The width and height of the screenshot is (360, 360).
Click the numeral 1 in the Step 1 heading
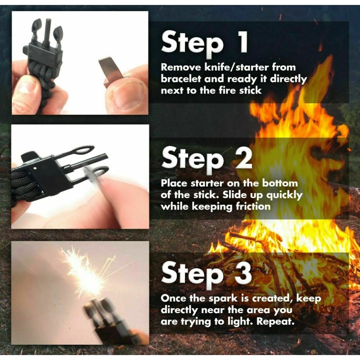click(x=243, y=42)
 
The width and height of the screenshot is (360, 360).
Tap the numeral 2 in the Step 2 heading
click(x=243, y=158)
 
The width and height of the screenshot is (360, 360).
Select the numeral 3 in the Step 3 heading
click(x=243, y=273)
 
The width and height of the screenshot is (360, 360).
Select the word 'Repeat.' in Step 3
click(x=275, y=321)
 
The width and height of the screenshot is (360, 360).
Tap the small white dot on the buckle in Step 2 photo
click(x=35, y=168)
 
